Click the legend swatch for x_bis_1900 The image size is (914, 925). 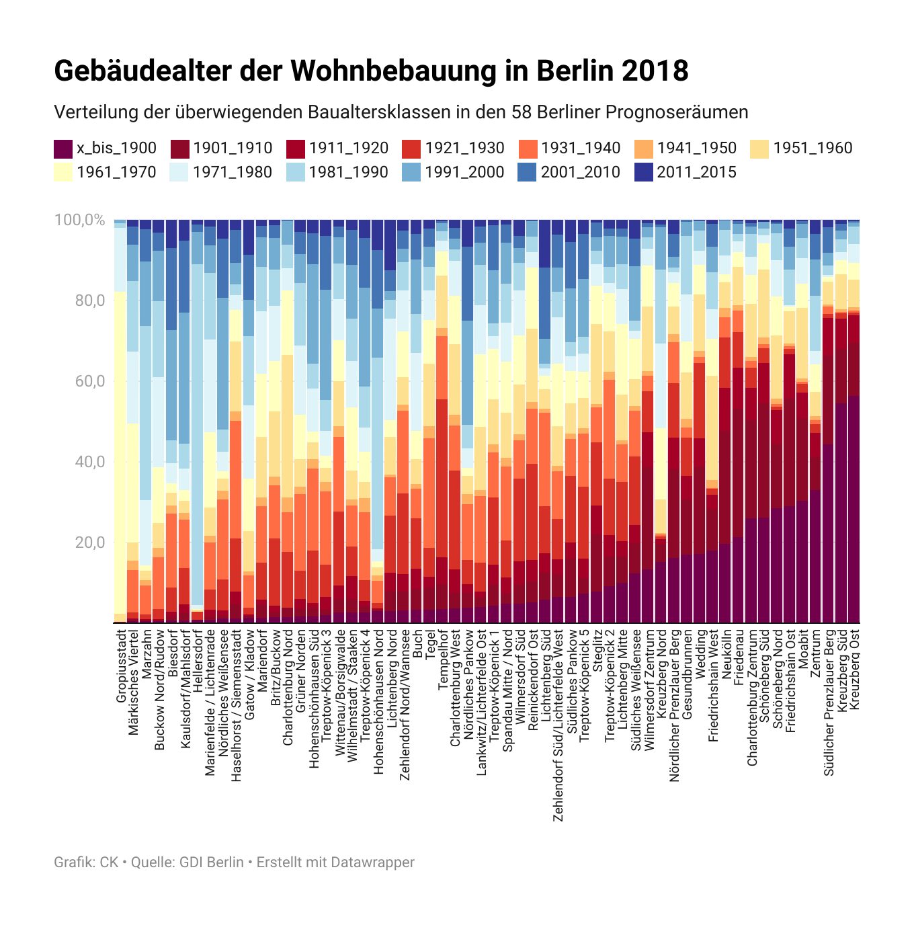click(x=63, y=149)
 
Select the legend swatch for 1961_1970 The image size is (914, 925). click(x=63, y=173)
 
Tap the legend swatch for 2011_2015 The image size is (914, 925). click(x=644, y=173)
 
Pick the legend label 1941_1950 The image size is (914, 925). click(x=696, y=149)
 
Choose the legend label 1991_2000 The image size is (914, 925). click(x=464, y=173)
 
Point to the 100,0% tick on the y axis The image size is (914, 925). click(x=79, y=220)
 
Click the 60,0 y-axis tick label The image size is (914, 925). click(x=90, y=381)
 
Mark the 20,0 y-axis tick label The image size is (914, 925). click(x=90, y=542)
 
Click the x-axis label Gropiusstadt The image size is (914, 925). click(x=121, y=666)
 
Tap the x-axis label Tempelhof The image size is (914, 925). click(x=444, y=659)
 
